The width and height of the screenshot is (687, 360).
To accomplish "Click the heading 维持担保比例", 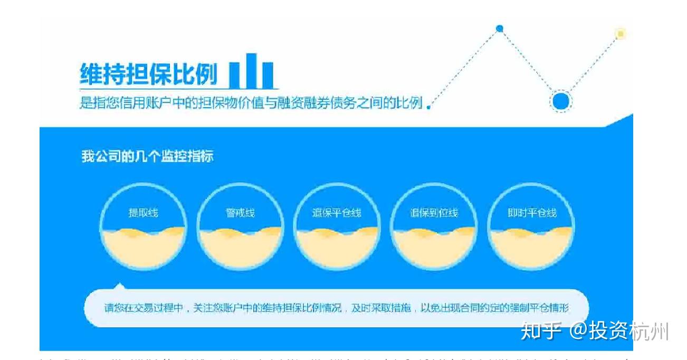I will pos(148,74).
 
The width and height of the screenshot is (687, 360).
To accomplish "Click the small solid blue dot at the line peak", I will pos(500,29).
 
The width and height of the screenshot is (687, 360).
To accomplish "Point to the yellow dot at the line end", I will pos(621,34).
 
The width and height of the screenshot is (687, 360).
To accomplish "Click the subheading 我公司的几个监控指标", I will pos(147,157).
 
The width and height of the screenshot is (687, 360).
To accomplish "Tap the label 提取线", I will pos(143,213).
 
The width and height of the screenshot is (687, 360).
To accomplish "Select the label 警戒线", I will pos(240,213).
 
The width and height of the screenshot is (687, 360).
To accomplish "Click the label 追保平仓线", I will pos(337,213).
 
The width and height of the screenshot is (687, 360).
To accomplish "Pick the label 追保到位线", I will pos(434,213).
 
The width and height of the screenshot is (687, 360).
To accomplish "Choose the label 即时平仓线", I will pos(531,213).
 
